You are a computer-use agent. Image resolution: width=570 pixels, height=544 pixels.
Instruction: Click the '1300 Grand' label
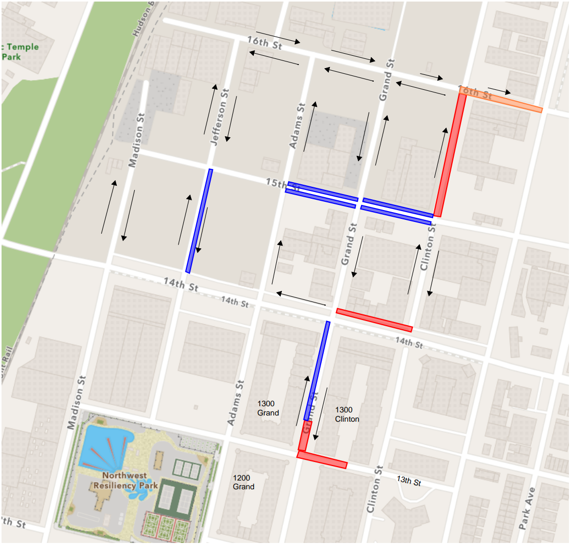(x=268, y=408)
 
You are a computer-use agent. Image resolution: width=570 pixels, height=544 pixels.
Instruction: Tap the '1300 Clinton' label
(x=347, y=414)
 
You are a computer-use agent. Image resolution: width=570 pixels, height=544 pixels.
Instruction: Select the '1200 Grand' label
(x=243, y=482)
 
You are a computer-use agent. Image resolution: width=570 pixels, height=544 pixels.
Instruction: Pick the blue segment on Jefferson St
(x=199, y=221)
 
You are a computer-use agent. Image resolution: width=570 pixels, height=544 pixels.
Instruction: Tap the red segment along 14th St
(x=374, y=319)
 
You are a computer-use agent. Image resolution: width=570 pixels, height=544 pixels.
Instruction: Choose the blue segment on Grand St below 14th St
(x=317, y=370)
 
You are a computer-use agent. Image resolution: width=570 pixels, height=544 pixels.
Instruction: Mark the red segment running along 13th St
(x=322, y=459)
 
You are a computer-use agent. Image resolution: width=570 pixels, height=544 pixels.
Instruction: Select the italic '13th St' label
(x=409, y=481)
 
